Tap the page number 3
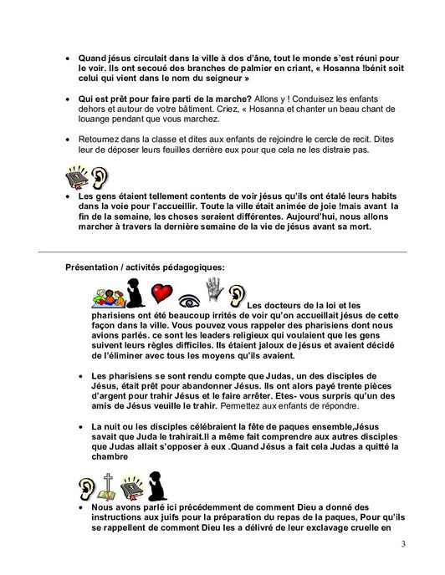[x=403, y=547]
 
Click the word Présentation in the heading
[x=95, y=267]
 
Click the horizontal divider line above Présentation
[x=222, y=252]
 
